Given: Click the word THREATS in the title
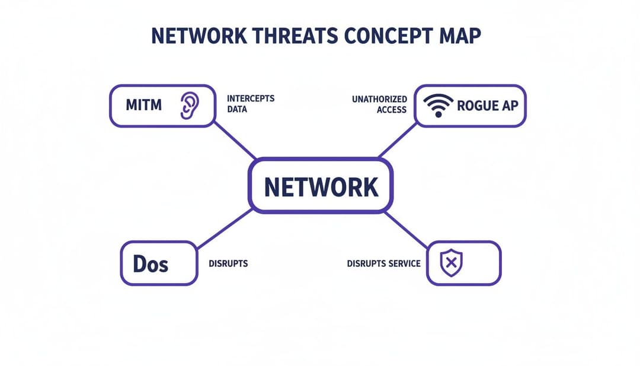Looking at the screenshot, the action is click(295, 36).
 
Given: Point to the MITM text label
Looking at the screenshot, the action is click(143, 105).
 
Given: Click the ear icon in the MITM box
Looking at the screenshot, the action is click(190, 106).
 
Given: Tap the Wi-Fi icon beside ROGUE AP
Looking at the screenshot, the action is click(438, 106).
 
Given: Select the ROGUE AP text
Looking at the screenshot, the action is click(487, 106).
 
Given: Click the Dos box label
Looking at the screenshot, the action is click(151, 264).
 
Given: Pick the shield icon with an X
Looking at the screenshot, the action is click(451, 263).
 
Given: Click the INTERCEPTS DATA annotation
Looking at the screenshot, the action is click(251, 104).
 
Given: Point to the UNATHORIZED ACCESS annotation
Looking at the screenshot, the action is click(380, 104).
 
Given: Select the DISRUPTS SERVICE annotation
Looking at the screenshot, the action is click(383, 263).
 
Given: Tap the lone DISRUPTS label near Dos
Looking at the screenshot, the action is click(228, 263).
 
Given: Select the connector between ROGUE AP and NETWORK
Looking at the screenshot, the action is click(398, 140).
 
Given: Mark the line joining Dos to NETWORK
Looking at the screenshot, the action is click(225, 229).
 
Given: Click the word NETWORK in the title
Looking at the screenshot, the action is click(199, 36).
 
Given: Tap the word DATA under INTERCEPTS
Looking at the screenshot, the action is click(237, 109).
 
